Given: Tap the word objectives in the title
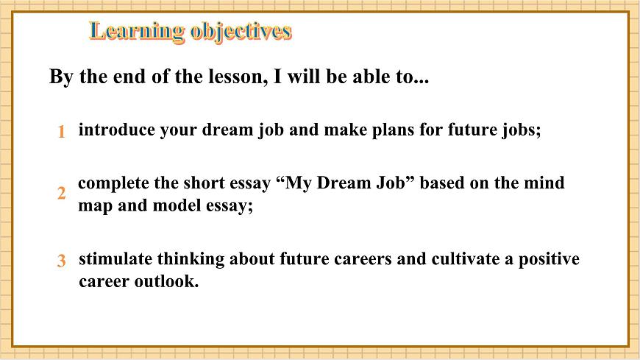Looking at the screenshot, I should click(241, 32).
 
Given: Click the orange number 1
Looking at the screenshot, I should click(62, 132).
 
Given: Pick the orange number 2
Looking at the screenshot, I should click(62, 194).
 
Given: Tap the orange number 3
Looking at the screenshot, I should click(62, 261).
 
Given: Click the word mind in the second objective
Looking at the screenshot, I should click(546, 183).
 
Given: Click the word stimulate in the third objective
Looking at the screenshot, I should click(111, 259).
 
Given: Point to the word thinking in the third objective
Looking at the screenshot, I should click(188, 259).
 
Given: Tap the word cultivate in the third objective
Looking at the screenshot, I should click(447, 259).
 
